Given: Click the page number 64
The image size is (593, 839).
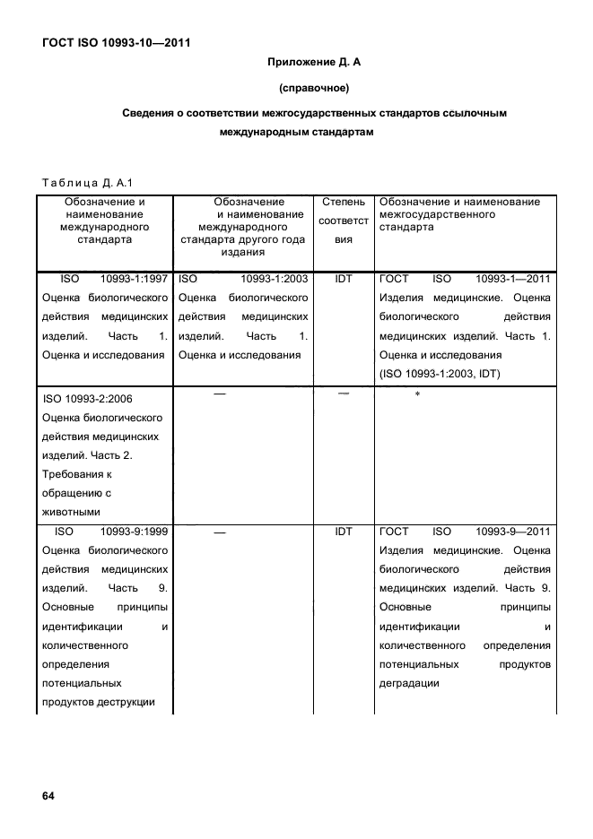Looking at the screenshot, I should coord(48,796).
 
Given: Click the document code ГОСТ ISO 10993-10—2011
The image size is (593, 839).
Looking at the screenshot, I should coord(116,42).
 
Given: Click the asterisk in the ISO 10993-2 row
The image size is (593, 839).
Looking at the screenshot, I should coord(417,395).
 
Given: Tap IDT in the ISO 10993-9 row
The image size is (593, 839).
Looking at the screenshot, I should coord(344,532).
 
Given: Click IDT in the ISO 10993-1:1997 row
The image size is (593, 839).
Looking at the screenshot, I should coord(344,279).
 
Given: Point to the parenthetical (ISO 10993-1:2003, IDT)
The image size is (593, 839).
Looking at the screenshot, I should coord(440,373).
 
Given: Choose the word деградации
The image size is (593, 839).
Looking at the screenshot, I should coord(409,683).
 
